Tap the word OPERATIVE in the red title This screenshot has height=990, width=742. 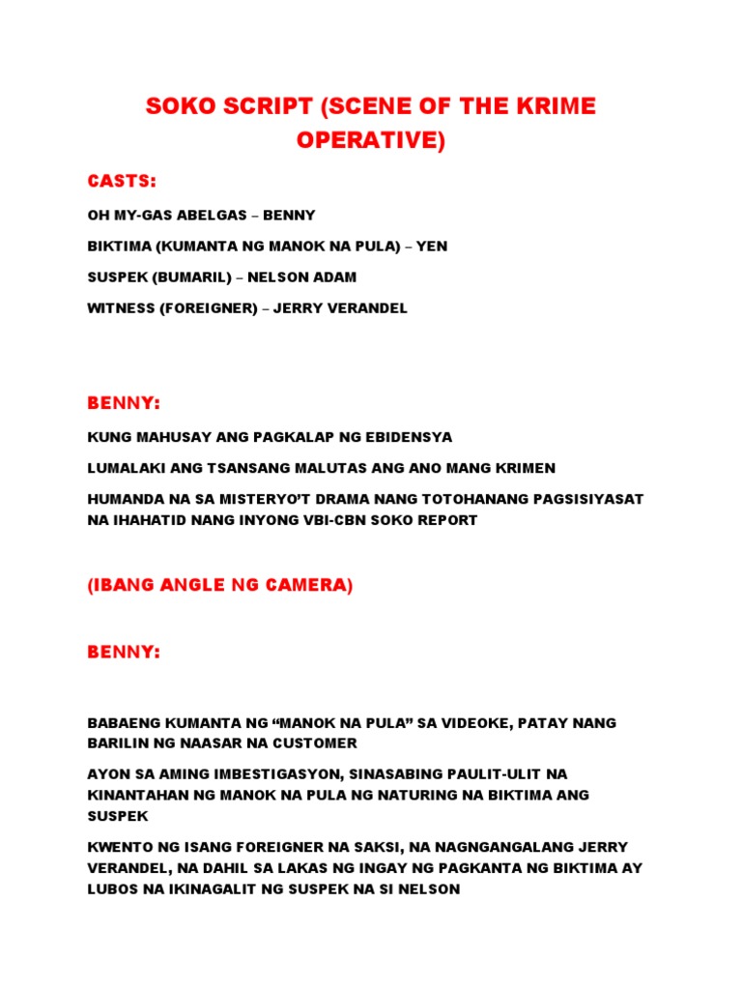coord(367,140)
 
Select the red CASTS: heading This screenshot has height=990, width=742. coord(122,182)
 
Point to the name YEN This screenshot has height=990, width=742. coord(432,247)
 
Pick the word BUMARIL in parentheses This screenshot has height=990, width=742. coord(191,277)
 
